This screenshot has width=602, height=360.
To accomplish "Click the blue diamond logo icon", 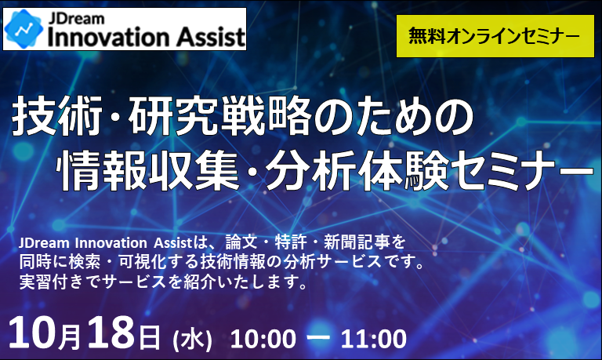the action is [24, 29].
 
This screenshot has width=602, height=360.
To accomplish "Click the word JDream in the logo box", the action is [76, 19].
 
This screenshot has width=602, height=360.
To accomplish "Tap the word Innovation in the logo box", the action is [109, 38].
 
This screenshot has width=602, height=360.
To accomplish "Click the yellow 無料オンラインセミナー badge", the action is [495, 36].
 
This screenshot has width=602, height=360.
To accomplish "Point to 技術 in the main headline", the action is [57, 116].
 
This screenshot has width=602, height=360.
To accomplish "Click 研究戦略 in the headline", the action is [219, 116].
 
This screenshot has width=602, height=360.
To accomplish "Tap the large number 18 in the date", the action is [111, 333].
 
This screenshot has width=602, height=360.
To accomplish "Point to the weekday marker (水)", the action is [192, 340].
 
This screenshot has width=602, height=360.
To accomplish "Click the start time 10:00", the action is [263, 339].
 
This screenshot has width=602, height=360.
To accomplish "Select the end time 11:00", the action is [374, 339].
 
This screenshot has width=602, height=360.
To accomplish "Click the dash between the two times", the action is [318, 338].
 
